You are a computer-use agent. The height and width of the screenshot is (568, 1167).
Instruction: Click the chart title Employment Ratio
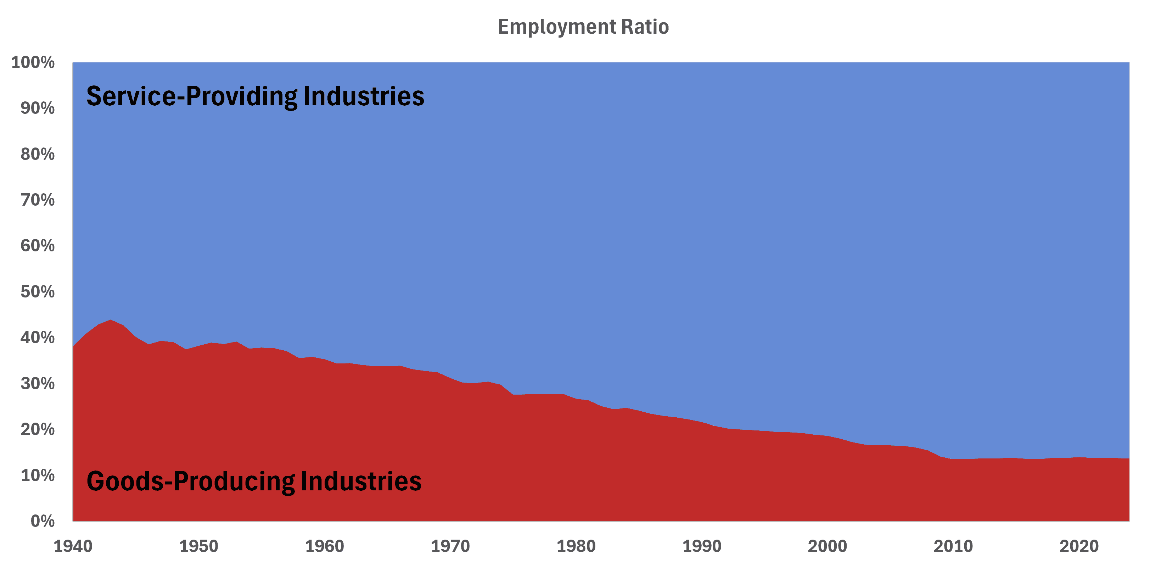tap(583, 27)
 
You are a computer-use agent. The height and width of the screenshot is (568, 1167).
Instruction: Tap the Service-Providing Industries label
tap(255, 96)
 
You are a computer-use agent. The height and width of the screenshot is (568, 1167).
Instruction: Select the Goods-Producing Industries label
tap(254, 481)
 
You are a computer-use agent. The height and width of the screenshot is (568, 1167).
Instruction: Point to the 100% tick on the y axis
tap(33, 62)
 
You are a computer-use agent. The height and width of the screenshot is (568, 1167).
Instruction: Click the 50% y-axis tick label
tap(37, 291)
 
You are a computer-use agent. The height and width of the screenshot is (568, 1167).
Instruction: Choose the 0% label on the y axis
tap(42, 521)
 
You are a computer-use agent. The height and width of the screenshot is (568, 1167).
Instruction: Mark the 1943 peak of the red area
tap(111, 320)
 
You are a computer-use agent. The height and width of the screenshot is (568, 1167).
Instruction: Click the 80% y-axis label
tap(37, 154)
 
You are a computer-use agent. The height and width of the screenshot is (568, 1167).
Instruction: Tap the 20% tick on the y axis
tap(37, 429)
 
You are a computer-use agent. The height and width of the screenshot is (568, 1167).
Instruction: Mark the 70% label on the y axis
tap(37, 200)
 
